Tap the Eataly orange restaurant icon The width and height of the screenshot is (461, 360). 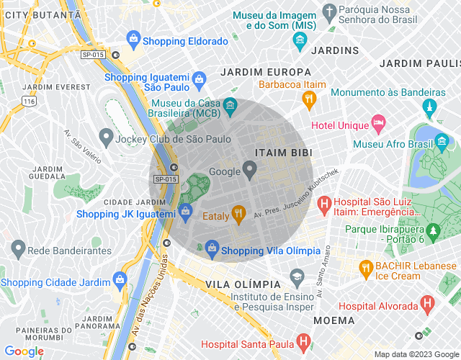[x=238, y=212]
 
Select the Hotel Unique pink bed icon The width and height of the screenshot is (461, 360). [x=378, y=124]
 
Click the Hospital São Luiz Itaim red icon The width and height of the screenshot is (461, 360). [x=323, y=204]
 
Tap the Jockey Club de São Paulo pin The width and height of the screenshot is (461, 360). [x=106, y=136]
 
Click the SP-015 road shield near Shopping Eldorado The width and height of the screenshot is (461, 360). [x=92, y=55]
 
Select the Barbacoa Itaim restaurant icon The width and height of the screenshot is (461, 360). [x=309, y=98]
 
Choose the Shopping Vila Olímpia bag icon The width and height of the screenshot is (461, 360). [x=212, y=250]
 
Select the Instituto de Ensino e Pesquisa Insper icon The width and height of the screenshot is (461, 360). [x=296, y=276]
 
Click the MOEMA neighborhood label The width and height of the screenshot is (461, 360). [x=334, y=320]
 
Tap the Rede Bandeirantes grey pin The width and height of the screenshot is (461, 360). [x=17, y=250]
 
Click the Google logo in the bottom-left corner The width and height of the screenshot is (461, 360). [x=24, y=351]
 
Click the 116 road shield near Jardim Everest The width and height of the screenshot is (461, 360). [x=29, y=102]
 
